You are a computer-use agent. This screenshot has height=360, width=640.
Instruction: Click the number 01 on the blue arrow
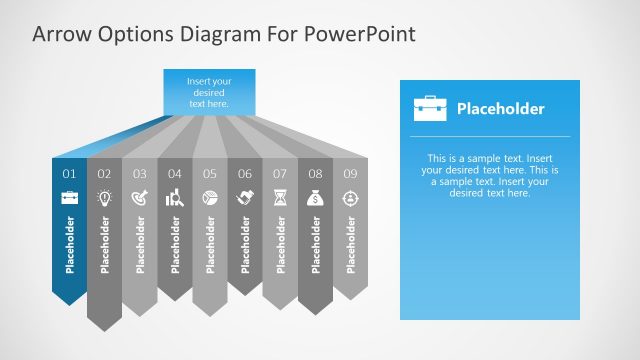click(x=69, y=174)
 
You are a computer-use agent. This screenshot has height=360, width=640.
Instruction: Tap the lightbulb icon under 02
click(x=104, y=197)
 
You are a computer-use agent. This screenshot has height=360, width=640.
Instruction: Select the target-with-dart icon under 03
click(x=139, y=197)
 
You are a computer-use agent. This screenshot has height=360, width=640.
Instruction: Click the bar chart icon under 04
click(x=174, y=197)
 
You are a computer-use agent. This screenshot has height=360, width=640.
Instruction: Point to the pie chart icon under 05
click(x=209, y=197)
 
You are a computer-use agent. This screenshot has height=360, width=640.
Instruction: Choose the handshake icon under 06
click(x=244, y=197)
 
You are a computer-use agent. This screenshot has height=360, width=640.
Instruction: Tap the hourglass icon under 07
click(x=280, y=197)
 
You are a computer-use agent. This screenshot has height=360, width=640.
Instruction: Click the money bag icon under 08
click(x=315, y=197)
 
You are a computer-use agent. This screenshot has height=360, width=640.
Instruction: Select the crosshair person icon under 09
click(x=350, y=197)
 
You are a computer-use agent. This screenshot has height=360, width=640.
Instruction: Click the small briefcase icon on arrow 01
click(x=69, y=197)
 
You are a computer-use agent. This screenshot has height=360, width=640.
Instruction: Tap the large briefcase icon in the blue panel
click(x=430, y=108)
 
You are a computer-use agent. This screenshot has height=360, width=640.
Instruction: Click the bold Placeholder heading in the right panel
click(x=500, y=108)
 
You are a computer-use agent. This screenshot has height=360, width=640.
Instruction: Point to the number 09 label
click(x=350, y=174)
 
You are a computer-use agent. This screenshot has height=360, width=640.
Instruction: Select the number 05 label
click(x=209, y=174)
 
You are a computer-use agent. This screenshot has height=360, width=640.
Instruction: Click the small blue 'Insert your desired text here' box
click(x=209, y=91)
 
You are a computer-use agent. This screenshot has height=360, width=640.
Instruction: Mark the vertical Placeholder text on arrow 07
click(x=280, y=244)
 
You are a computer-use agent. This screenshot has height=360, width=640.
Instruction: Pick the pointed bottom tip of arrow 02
click(x=104, y=328)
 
